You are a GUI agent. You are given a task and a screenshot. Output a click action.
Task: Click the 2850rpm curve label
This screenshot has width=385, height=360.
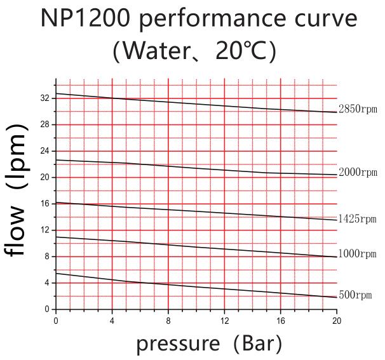point(358,109)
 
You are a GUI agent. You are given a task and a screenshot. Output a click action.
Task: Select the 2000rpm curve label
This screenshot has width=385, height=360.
point(358,172)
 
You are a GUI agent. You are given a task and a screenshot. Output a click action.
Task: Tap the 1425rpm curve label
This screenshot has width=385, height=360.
point(358,219)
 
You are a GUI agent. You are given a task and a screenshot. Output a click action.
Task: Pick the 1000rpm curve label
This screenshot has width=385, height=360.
point(358,254)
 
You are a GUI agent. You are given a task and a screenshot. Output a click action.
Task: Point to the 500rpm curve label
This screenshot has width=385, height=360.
point(355,295)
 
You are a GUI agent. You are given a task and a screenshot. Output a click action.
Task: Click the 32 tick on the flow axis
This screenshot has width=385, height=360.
point(45,98)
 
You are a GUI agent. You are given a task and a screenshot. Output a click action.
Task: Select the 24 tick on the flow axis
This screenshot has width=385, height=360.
point(45,151)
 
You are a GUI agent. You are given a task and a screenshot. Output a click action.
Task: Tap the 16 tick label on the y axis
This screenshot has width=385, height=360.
point(45,204)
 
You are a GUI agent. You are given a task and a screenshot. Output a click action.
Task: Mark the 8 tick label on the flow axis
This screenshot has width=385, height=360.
point(47,257)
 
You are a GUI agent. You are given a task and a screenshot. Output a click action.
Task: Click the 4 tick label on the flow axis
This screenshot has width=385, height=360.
point(47,283)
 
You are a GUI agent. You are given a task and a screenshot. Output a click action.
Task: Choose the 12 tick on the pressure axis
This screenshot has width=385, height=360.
point(224,321)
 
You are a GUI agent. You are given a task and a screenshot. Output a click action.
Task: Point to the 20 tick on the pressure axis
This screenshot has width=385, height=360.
point(336,321)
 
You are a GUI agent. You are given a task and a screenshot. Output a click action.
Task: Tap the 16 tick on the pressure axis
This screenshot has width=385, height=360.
point(280,321)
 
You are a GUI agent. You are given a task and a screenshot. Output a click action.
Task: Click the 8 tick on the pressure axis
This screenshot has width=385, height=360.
point(168,321)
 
